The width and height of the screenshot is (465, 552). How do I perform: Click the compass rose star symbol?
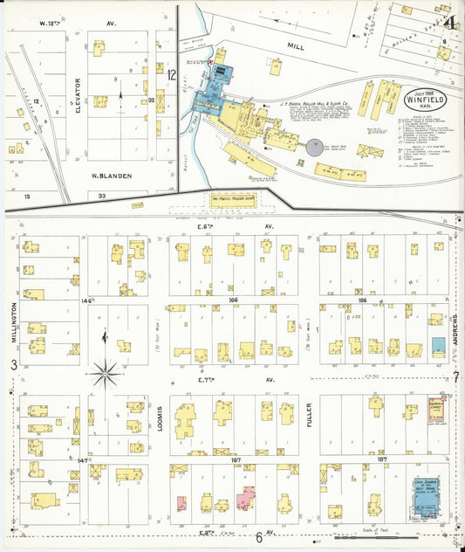pos(106,374)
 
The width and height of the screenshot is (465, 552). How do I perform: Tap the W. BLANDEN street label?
pos(111,176)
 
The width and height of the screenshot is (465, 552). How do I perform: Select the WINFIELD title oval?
pos(427,94)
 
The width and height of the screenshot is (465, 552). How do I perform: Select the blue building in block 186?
pos(437,345)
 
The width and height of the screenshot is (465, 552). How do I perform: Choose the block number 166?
pos(233,300)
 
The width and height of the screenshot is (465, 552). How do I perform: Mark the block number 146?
pos(85,300)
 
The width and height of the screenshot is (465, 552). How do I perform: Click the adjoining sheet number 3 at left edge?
pos(12,364)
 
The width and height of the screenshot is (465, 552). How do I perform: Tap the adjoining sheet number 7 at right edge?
pos(455,377)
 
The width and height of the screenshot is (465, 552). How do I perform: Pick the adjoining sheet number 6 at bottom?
pos(258,537)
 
